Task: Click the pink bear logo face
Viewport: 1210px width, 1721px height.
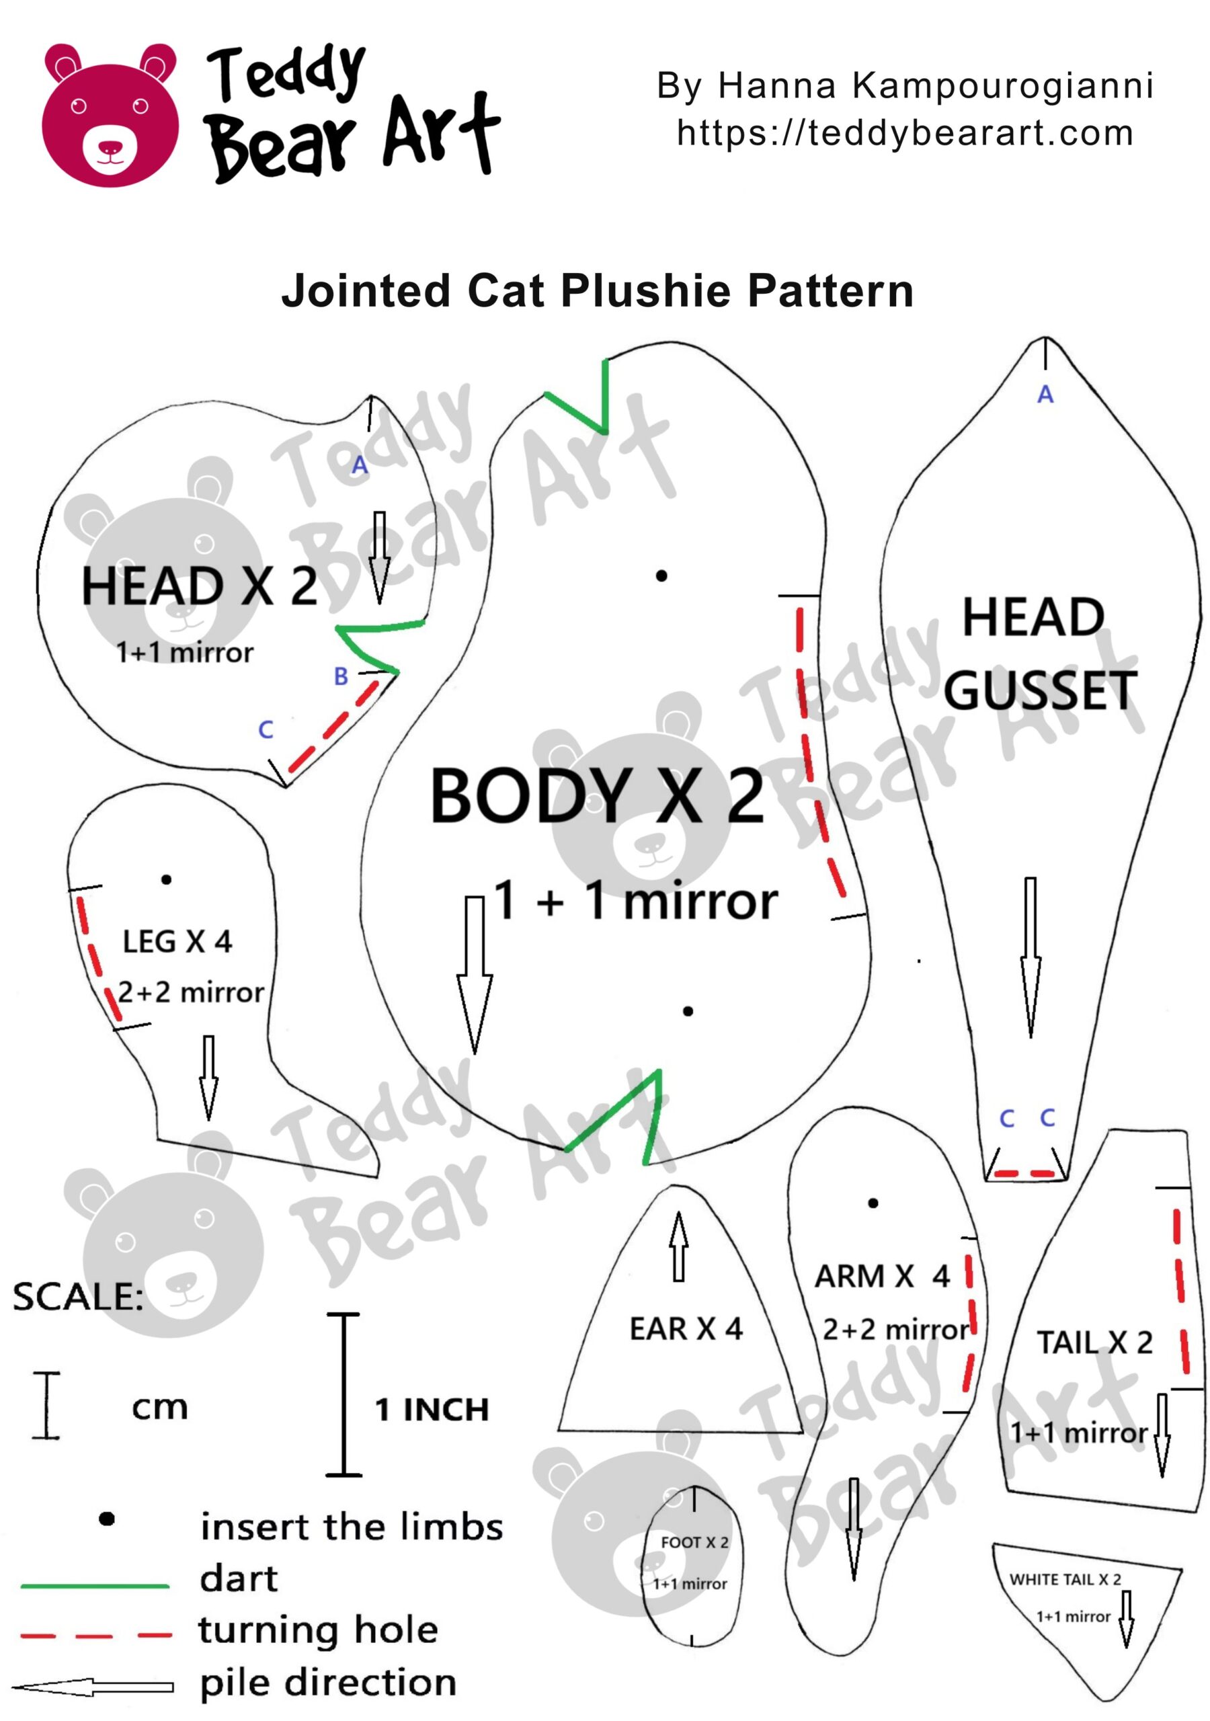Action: tap(110, 116)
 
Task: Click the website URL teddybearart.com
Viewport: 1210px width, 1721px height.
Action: tap(904, 133)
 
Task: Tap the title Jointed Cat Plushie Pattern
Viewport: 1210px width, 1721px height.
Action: tap(598, 291)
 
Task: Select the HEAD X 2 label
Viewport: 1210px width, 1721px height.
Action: tap(199, 586)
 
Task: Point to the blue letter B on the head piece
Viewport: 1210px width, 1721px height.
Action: tap(341, 676)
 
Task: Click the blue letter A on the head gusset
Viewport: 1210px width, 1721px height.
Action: tap(1045, 394)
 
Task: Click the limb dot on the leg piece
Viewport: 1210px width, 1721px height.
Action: tap(167, 879)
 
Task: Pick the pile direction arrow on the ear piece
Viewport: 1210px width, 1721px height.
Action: tap(678, 1246)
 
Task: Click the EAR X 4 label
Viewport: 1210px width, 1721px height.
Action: tap(685, 1329)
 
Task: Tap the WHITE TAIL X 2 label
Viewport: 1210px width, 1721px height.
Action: tap(1065, 1579)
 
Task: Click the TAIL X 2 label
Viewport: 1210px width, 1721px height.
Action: tap(1094, 1343)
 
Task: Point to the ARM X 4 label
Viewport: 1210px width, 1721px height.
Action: tap(882, 1276)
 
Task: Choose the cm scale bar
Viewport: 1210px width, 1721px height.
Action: tap(46, 1404)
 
